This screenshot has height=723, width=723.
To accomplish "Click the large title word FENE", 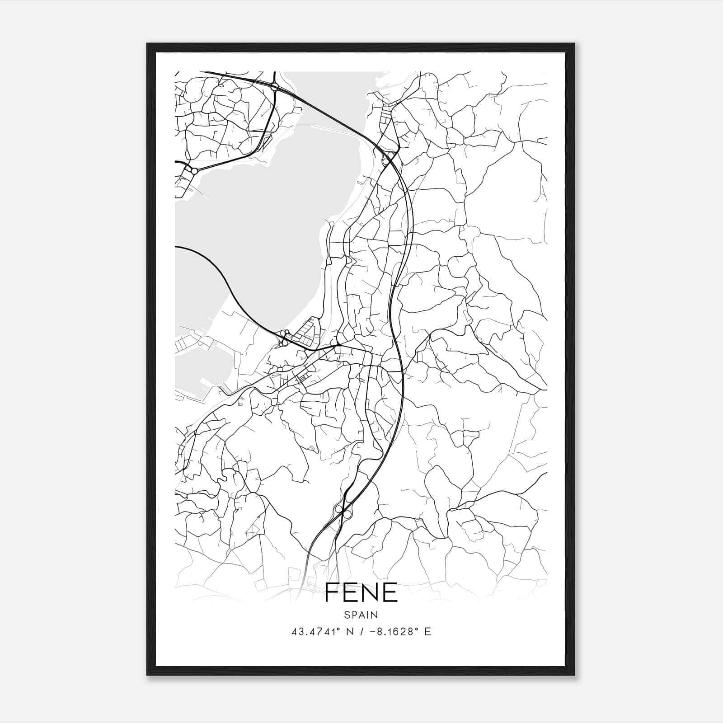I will click(361, 592).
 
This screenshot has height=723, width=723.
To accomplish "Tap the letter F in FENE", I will click(332, 592).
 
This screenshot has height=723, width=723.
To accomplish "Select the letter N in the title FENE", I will click(371, 592).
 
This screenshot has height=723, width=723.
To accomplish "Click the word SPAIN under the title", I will click(361, 615).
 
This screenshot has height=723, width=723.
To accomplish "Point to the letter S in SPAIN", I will click(347, 615).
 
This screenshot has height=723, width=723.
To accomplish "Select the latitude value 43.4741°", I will click(315, 632).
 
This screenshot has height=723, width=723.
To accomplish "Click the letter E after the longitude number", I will click(428, 632).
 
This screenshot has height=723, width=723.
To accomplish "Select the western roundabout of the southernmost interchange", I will click(338, 509).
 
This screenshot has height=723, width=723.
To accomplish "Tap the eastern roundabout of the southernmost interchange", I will click(347, 514).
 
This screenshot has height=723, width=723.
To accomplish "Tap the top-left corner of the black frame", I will click(147, 44).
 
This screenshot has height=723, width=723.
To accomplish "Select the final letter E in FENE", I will click(390, 592).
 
